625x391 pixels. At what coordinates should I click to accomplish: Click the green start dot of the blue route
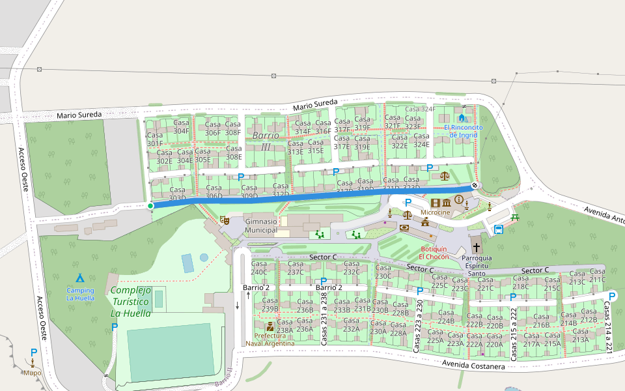click(x=150, y=206)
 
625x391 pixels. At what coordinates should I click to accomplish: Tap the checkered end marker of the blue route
click(x=476, y=185)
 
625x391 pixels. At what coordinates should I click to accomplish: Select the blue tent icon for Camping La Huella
click(x=79, y=278)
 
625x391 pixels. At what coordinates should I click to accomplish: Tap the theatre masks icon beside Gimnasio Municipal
click(x=225, y=220)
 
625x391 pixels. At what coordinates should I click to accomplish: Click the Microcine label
click(x=436, y=212)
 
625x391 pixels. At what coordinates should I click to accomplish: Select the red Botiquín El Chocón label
click(x=434, y=253)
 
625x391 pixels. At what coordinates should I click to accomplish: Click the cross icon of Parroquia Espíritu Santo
click(x=476, y=247)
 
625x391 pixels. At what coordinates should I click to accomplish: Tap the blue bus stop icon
click(x=499, y=229)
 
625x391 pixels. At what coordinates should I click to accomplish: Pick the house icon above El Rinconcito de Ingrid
click(x=462, y=118)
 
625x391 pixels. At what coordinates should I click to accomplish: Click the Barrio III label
click(x=266, y=141)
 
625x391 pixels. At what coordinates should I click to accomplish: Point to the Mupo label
click(x=33, y=373)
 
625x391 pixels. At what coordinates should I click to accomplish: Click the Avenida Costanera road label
click(x=473, y=366)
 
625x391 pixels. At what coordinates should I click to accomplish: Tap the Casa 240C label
click(x=259, y=268)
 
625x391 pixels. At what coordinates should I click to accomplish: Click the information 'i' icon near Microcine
click(x=458, y=199)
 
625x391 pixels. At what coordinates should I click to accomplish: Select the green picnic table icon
click(x=515, y=217)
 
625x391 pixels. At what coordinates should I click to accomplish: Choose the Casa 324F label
click(x=420, y=109)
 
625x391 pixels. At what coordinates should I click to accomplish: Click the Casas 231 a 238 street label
click(x=324, y=319)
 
